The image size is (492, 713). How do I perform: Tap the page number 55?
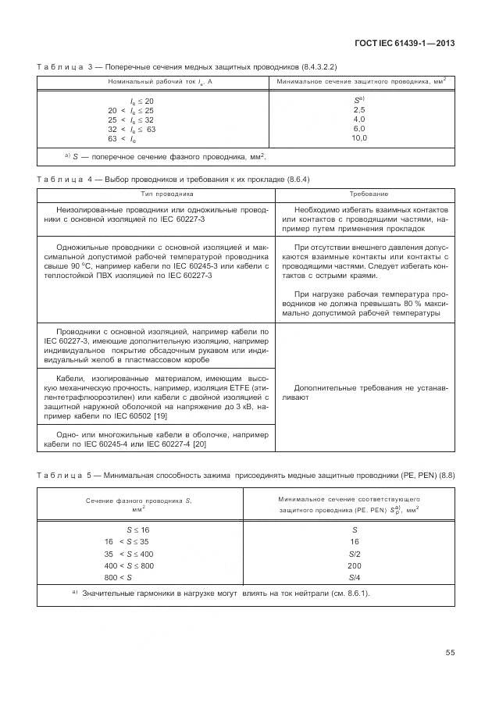(450, 652)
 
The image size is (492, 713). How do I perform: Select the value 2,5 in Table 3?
(359, 110)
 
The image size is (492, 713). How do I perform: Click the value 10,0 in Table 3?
(359, 138)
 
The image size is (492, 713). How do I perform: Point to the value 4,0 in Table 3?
(359, 119)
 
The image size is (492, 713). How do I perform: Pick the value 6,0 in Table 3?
(359, 129)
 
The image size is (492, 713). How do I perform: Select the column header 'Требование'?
(364, 193)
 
